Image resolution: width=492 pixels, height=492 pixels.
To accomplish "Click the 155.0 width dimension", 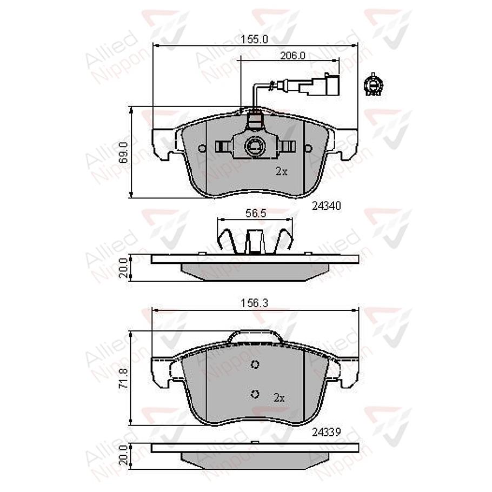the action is tap(254, 39).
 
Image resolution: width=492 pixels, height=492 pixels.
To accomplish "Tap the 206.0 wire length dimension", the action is tap(292, 56).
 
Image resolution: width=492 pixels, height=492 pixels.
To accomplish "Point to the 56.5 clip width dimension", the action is tap(256, 214).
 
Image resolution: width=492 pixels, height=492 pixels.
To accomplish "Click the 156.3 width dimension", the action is tap(254, 303).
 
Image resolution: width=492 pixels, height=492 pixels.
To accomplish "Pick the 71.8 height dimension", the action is tap(123, 378).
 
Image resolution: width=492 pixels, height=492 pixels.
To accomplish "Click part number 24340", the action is tap(327, 206).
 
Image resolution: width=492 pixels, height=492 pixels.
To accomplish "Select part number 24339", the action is tap(327, 433).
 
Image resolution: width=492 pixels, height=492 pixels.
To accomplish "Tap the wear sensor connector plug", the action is tap(320, 85).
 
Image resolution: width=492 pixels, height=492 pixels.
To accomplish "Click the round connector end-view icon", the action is tap(373, 85).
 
